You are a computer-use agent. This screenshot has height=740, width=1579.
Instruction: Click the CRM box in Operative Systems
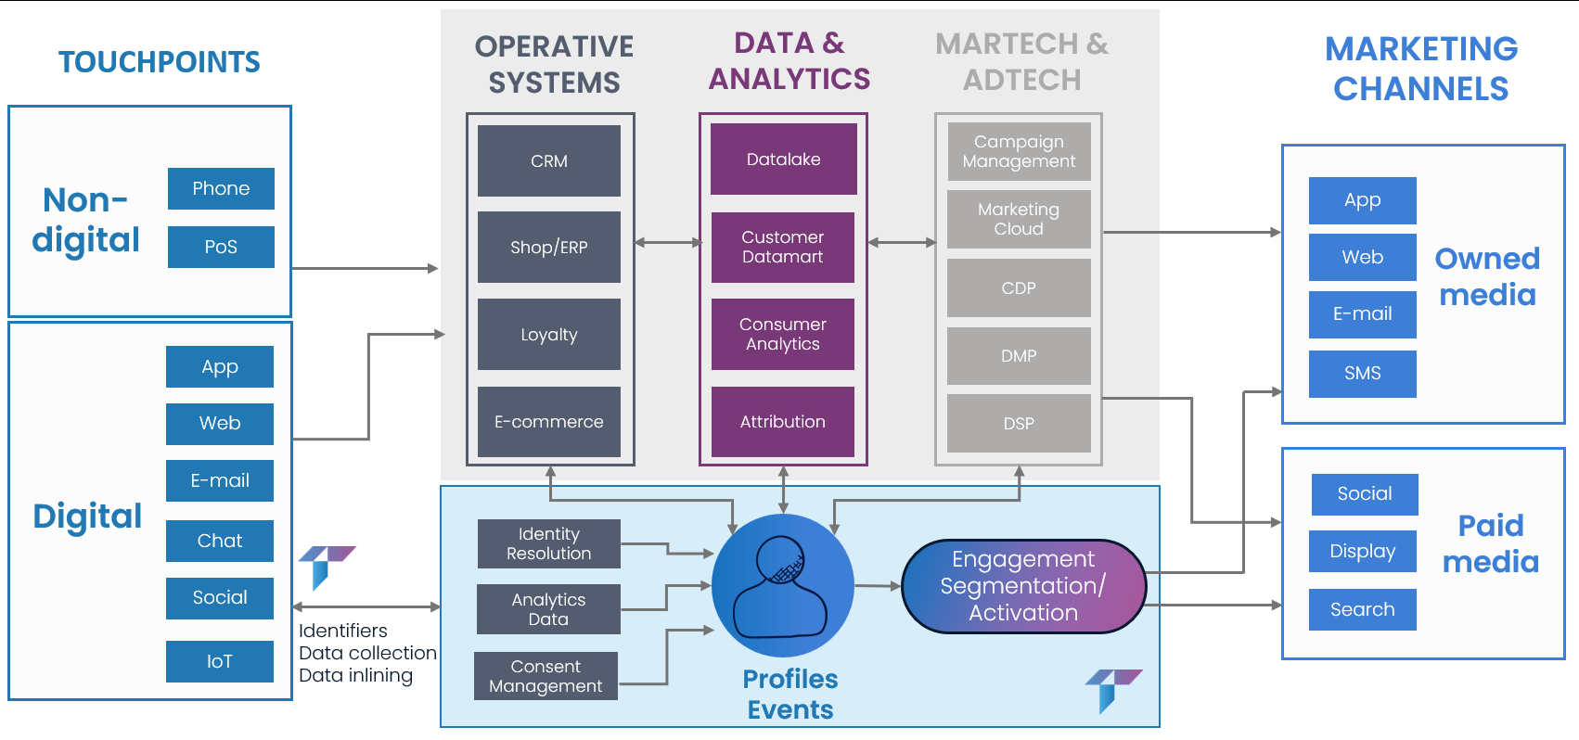click(x=548, y=160)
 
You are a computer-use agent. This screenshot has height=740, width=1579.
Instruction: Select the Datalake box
click(x=783, y=159)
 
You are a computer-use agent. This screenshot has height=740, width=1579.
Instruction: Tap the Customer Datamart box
click(x=782, y=247)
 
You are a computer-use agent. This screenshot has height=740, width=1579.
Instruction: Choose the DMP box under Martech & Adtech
click(x=1018, y=355)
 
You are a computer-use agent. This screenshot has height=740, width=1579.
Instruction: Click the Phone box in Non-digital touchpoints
click(x=221, y=188)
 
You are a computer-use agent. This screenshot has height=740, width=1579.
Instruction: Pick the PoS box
click(x=221, y=247)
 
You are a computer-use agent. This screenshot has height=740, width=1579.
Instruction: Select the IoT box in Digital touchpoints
click(x=220, y=661)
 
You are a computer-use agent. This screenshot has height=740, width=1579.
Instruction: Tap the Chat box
click(x=220, y=541)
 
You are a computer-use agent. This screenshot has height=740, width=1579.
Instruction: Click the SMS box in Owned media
click(x=1362, y=373)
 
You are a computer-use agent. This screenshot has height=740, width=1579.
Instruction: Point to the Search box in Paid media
click(x=1362, y=609)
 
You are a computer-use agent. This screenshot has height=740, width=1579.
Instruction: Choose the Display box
click(x=1362, y=551)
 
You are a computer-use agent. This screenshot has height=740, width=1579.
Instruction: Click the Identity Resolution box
click(x=548, y=543)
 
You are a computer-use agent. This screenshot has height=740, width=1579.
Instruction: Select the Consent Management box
click(x=546, y=676)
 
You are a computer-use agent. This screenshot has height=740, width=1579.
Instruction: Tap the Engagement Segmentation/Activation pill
click(x=1023, y=586)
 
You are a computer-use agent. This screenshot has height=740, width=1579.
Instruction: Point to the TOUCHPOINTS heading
click(x=160, y=62)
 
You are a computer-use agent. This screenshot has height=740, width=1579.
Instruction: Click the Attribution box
click(x=782, y=422)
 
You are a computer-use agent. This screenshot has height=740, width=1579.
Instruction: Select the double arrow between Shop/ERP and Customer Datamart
click(x=668, y=243)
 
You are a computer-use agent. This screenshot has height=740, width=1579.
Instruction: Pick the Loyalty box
click(x=548, y=334)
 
